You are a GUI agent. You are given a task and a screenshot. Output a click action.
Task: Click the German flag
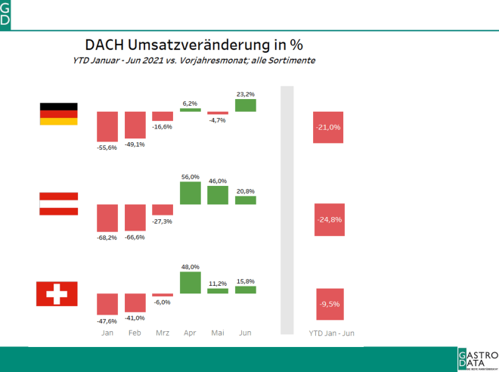58,113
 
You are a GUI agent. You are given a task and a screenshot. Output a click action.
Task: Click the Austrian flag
58,203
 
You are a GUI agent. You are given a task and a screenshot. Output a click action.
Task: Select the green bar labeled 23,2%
246,105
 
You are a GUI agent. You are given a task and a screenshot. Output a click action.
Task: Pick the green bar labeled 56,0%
191,193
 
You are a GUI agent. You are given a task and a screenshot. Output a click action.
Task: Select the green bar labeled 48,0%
191,283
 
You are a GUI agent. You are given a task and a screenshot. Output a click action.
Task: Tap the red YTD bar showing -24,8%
329,219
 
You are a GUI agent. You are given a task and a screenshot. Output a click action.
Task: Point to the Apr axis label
191,332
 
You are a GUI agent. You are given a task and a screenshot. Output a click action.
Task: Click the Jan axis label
108,332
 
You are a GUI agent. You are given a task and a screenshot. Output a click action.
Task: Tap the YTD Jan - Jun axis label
331,332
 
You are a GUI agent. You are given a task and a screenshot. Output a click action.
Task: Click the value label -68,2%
108,237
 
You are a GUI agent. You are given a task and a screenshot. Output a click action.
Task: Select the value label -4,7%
218,119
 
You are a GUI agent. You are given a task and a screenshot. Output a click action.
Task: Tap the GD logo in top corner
6,14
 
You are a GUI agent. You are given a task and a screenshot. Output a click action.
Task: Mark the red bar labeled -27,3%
163,209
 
